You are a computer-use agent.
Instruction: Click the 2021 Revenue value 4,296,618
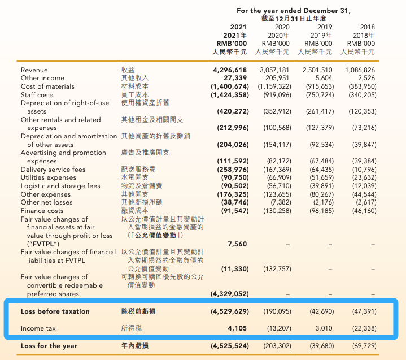tap(230, 70)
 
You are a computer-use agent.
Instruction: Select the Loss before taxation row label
tap(55, 311)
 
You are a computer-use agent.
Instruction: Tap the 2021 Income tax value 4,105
tap(237, 328)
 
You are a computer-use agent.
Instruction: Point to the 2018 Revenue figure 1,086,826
tap(360, 70)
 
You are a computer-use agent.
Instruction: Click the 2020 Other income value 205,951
tap(277, 78)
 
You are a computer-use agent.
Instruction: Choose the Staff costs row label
tap(38, 95)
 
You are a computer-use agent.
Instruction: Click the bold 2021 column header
tap(239, 27)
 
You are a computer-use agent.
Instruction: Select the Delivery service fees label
tap(53, 170)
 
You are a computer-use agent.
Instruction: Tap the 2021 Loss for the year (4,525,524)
tap(230, 346)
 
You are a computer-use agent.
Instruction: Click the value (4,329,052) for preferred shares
tap(230, 294)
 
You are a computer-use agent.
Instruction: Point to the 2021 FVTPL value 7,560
tap(237, 244)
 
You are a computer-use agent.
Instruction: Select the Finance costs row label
tap(42, 211)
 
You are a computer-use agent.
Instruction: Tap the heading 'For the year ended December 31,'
tap(294, 11)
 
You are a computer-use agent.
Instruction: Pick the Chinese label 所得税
tap(132, 328)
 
